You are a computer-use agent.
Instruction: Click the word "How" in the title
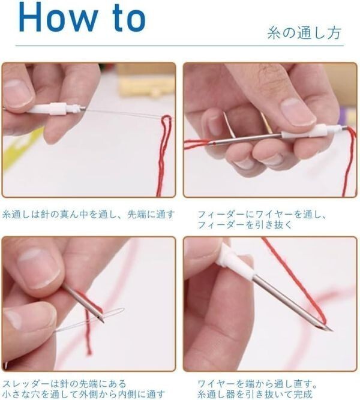(x=58, y=17)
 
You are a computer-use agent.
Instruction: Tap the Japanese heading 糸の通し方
(x=304, y=33)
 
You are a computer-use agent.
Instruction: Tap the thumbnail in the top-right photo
(x=298, y=112)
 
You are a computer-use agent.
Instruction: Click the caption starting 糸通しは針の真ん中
(x=88, y=214)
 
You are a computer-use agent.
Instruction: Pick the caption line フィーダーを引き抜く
(x=245, y=225)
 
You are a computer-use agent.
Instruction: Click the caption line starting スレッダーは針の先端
(x=64, y=383)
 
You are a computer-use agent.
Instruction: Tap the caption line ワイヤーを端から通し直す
(x=257, y=383)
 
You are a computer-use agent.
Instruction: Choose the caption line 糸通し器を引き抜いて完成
(x=256, y=394)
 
